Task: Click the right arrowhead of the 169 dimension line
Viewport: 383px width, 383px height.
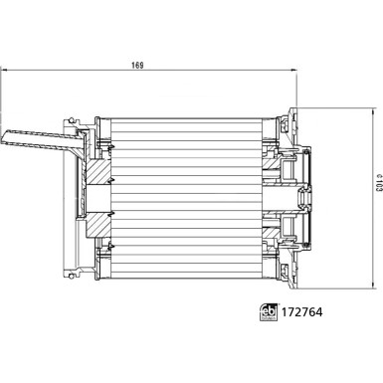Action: [x=297, y=71]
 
